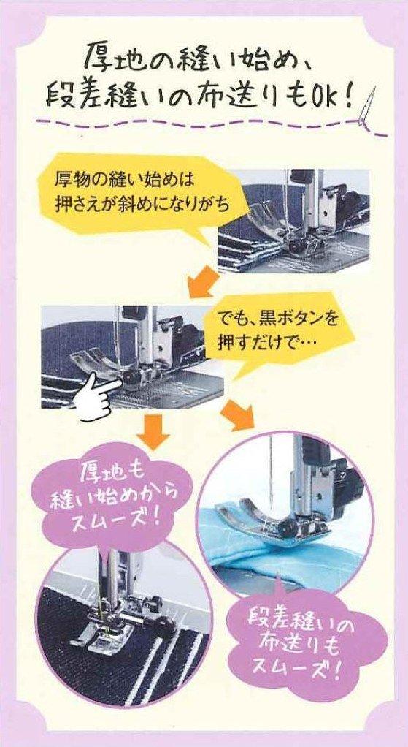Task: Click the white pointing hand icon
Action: pyautogui.click(x=98, y=395)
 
